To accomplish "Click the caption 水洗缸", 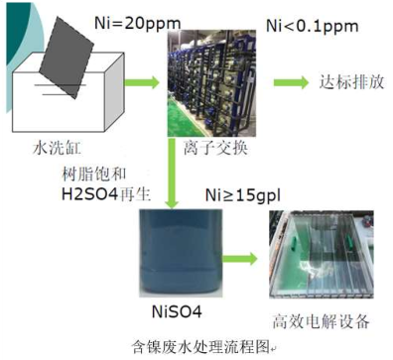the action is [x=53, y=150].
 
